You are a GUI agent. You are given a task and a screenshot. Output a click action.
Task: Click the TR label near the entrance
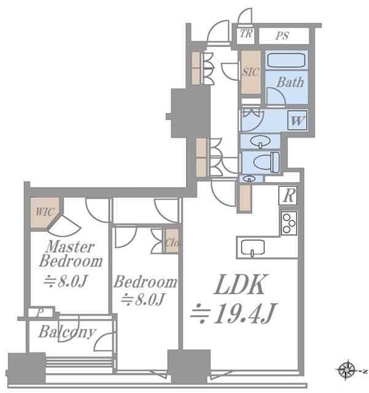tap(246, 34)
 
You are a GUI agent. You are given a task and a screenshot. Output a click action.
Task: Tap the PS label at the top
tap(282, 36)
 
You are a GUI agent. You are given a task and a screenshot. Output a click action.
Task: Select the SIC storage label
tap(250, 72)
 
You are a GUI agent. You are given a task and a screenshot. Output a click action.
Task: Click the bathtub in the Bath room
tap(286, 60)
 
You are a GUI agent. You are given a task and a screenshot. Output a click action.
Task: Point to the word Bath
tap(290, 82)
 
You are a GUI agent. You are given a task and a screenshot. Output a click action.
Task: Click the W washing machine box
tap(297, 120)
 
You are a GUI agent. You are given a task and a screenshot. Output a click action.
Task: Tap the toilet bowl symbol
tap(266, 161)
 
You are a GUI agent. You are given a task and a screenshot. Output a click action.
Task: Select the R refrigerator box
tap(289, 195)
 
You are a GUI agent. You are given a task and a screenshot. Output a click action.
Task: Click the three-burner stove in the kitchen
tap(289, 223)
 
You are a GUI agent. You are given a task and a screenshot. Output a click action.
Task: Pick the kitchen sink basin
tap(253, 247)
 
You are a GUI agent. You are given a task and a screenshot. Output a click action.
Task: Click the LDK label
tap(241, 284)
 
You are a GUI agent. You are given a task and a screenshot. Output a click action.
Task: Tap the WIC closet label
tap(45, 212)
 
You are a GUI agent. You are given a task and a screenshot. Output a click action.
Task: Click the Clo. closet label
tap(173, 243)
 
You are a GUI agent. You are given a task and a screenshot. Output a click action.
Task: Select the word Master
tap(71, 247)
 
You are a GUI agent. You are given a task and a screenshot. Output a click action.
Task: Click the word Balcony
tap(67, 332)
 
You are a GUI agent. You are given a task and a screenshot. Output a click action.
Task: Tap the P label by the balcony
tap(40, 313)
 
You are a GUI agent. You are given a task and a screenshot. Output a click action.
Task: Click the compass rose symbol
tap(347, 370)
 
